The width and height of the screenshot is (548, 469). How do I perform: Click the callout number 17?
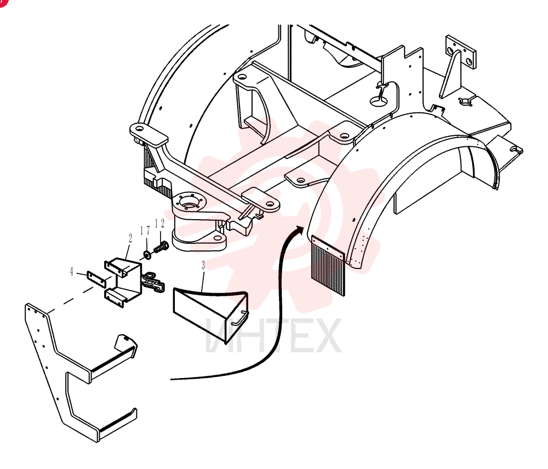tap(145, 231)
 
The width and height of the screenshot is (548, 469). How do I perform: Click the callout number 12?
tap(159, 224)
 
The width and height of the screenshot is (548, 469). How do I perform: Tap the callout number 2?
tap(130, 238)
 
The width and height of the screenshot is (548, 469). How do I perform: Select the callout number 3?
tap(203, 265)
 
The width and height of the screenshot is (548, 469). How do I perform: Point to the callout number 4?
tap(72, 272)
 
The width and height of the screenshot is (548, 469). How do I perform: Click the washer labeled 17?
tap(147, 254)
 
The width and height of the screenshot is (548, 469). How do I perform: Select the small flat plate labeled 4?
tap(96, 279)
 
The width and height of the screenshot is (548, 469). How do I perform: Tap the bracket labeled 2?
tap(122, 282)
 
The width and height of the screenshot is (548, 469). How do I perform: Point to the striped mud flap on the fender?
tap(328, 266)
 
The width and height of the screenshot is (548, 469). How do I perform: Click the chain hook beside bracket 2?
tap(153, 282)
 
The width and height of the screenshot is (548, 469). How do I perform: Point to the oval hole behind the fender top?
tap(379, 102)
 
